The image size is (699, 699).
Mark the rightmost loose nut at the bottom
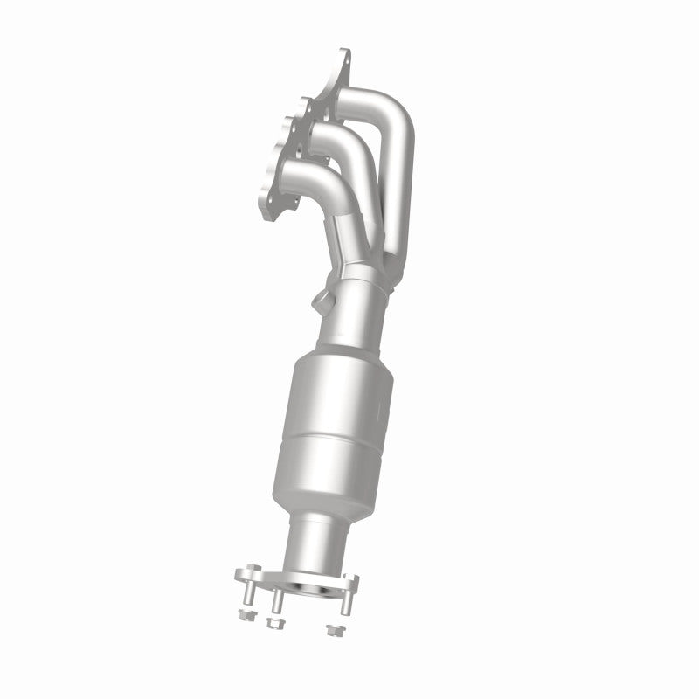tap(330, 628)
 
